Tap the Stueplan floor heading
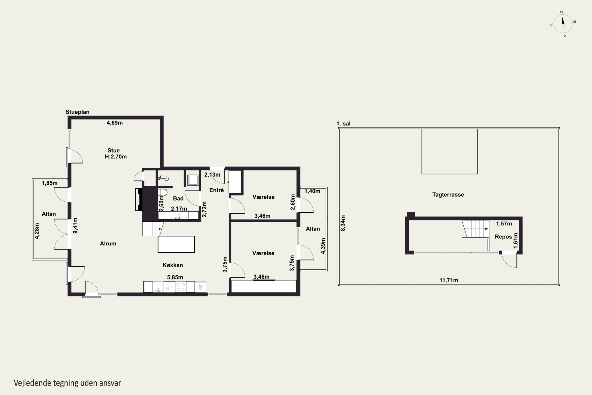click(78, 112)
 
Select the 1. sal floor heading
click(343, 124)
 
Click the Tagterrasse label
click(448, 195)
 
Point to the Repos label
click(503, 237)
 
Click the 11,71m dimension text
click(449, 280)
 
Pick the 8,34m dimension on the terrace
click(343, 223)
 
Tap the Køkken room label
click(173, 265)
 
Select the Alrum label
click(108, 244)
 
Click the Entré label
click(216, 190)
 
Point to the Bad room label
click(178, 198)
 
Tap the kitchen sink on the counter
click(158, 287)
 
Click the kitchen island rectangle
click(176, 244)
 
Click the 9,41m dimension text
click(75, 226)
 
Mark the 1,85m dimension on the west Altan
click(50, 183)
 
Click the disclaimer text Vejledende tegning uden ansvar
click(67, 383)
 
